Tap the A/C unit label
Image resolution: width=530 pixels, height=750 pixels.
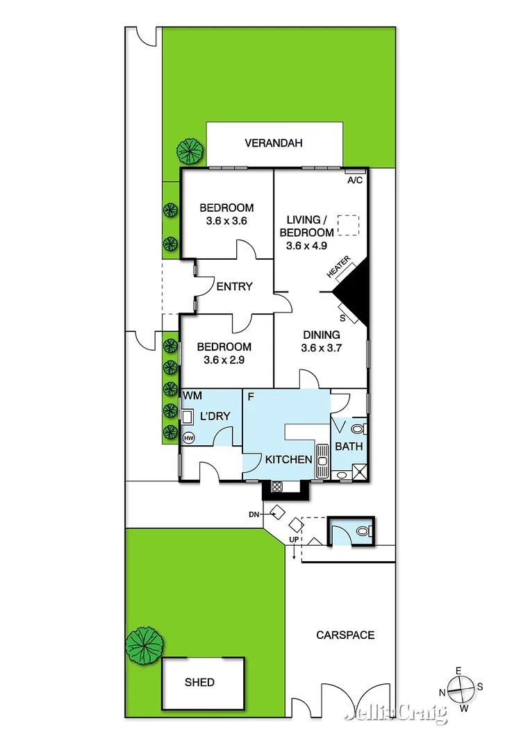click(x=354, y=181)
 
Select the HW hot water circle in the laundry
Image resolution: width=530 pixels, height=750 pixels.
click(x=188, y=438)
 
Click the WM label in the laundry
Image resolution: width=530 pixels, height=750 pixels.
click(x=192, y=396)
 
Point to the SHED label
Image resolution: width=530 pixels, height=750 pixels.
click(x=200, y=683)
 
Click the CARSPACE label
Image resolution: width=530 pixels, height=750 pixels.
click(x=345, y=635)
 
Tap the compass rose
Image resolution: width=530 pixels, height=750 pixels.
click(x=461, y=690)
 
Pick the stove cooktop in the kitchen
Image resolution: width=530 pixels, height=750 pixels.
click(x=276, y=486)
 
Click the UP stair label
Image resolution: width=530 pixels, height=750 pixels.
click(x=294, y=540)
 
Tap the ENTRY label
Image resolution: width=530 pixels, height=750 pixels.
click(x=234, y=287)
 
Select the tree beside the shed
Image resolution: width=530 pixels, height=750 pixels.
click(x=144, y=645)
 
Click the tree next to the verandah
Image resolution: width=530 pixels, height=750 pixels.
click(x=188, y=151)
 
